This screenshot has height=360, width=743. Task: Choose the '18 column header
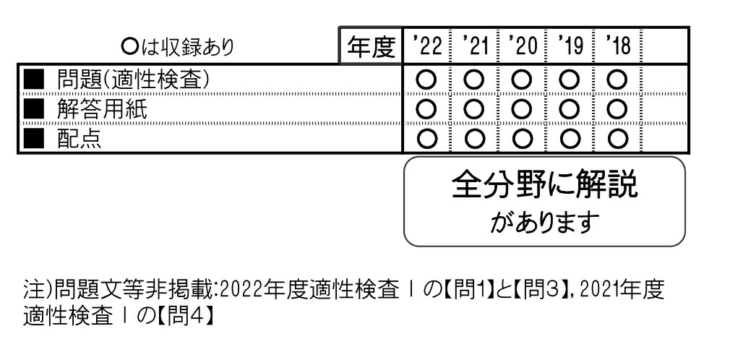pos(617,48)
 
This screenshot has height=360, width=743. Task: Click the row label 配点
pos(79,140)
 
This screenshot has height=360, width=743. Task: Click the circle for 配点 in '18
pos(617,140)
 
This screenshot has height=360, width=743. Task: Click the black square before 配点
pos(31,140)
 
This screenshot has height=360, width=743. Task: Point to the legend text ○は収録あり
pos(178,48)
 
